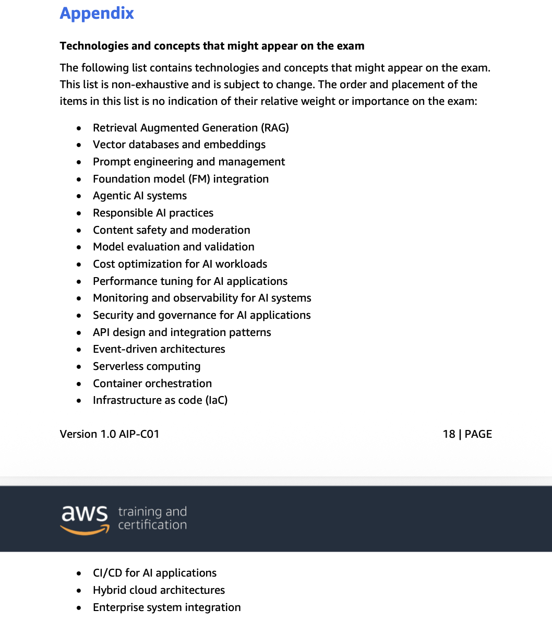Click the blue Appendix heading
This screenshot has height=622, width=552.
97,13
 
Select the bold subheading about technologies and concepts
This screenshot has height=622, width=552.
212,46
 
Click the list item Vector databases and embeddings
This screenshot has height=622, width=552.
179,145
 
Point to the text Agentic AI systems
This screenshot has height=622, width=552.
140,196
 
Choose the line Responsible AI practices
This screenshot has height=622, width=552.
153,213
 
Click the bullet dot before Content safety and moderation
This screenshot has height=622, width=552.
79,230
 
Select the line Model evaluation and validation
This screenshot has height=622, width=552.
173,247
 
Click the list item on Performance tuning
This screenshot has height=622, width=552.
190,281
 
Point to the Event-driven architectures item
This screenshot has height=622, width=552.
159,349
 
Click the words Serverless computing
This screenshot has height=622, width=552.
147,366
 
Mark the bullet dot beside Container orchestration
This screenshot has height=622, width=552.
79,384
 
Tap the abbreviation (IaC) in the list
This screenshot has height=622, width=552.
217,400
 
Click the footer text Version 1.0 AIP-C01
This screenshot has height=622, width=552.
110,434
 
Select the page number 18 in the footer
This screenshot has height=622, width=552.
449,434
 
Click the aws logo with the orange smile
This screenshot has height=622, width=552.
85,519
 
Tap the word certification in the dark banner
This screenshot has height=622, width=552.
152,525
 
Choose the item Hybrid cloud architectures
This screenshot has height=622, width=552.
159,590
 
